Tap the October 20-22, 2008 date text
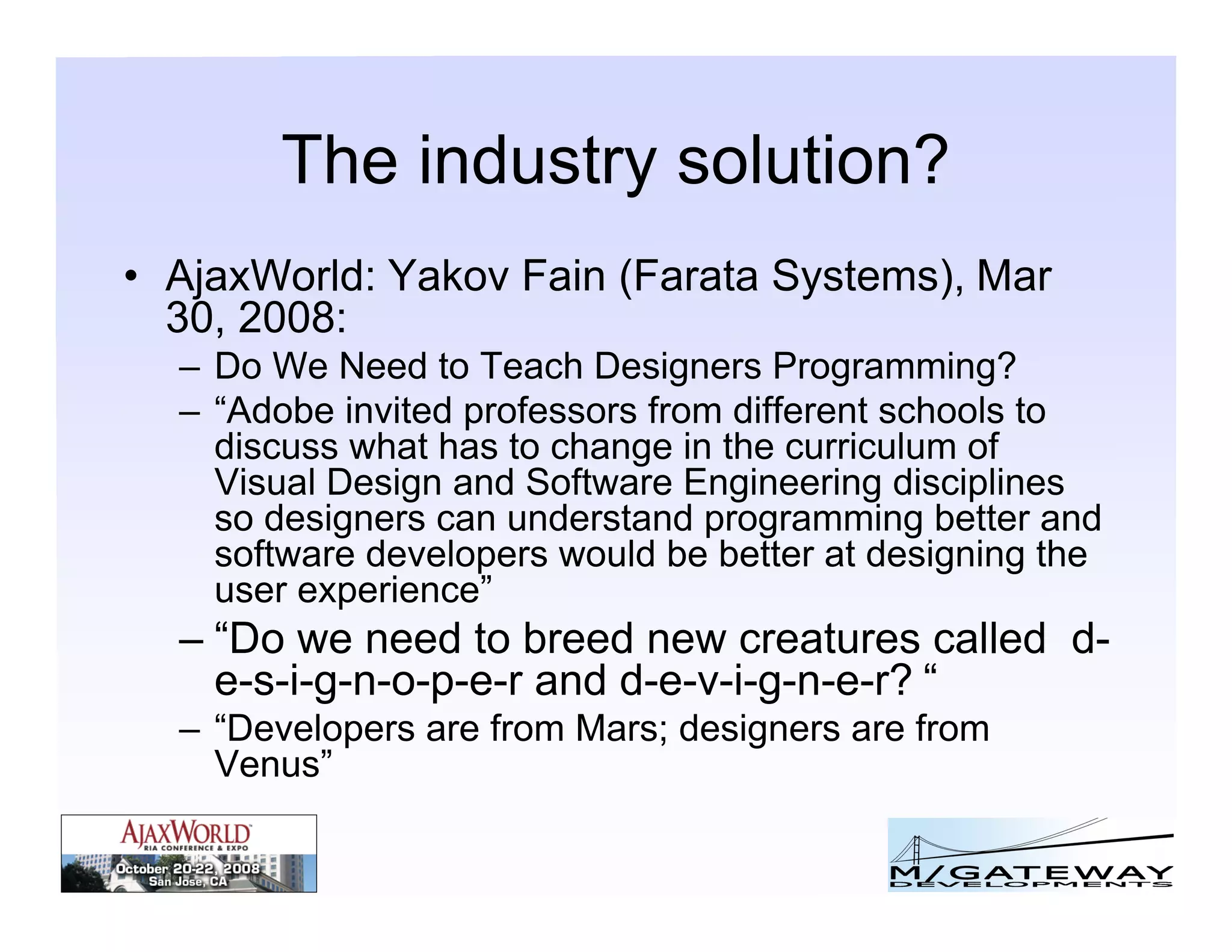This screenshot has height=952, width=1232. click(x=188, y=868)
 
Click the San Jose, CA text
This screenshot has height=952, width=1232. click(x=188, y=882)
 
